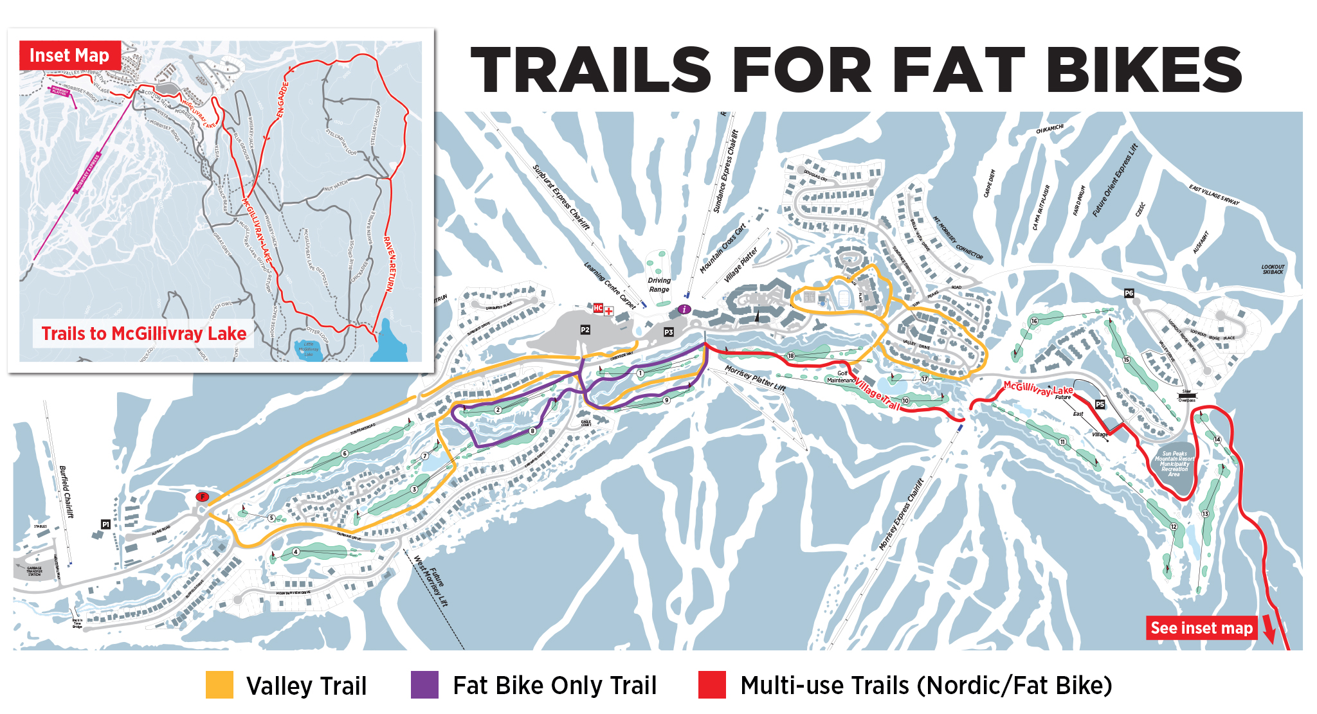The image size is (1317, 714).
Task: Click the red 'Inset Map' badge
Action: [x=69, y=56]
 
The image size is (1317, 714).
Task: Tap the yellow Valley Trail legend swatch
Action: [x=219, y=685]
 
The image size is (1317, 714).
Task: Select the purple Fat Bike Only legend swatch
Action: [x=424, y=685]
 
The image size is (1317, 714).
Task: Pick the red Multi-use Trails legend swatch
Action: [x=712, y=685]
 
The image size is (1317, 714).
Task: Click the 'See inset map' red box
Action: [x=1201, y=628]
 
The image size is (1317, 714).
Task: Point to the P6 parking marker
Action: [x=1129, y=293]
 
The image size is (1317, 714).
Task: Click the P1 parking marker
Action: [x=105, y=524]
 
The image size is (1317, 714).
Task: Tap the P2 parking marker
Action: [x=585, y=330]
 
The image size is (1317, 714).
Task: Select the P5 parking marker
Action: [x=1100, y=404]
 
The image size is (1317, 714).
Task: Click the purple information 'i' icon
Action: [x=684, y=309]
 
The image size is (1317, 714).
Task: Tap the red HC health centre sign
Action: [x=598, y=308]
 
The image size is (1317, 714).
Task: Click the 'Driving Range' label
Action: [x=658, y=285]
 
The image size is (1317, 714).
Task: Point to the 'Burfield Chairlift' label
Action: [x=66, y=492]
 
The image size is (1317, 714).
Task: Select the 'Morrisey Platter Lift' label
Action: [x=755, y=379]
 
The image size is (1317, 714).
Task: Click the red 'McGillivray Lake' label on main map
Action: [x=1038, y=388]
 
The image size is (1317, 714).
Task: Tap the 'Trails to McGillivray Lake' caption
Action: [x=144, y=334]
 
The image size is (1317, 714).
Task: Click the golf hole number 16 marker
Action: [x=1034, y=321]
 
